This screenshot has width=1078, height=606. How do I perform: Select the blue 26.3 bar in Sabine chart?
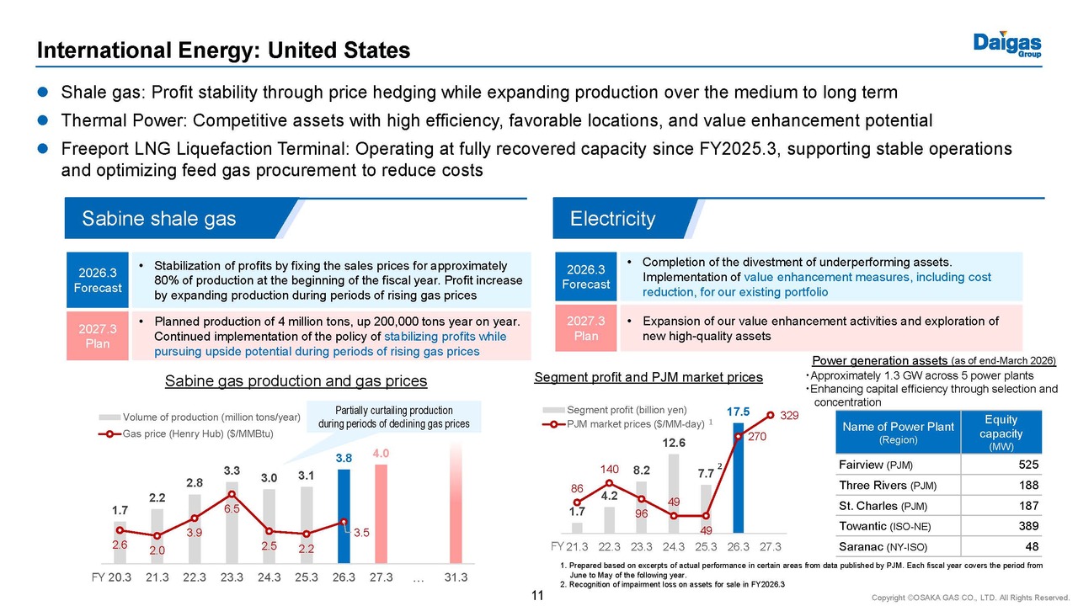click(x=344, y=516)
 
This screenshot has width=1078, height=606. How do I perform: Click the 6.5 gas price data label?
click(x=232, y=509)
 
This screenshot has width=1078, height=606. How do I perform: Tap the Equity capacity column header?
click(x=1001, y=433)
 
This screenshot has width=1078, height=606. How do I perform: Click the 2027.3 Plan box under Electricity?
click(x=586, y=327)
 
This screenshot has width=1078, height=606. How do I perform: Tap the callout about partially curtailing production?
click(x=394, y=417)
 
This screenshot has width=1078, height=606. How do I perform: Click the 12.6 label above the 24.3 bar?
click(x=673, y=443)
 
